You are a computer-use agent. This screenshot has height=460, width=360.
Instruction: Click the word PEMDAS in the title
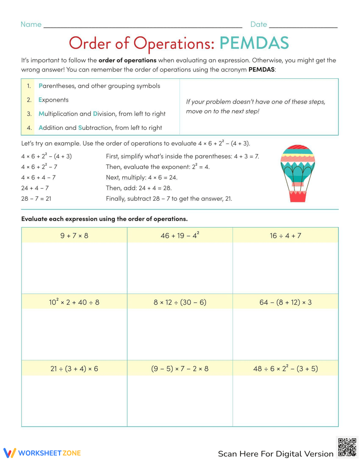click(254, 43)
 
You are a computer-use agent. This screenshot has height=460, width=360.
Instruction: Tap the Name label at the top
click(31, 24)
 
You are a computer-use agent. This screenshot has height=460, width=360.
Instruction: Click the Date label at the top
click(258, 24)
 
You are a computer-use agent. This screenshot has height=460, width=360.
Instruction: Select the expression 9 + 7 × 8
click(74, 236)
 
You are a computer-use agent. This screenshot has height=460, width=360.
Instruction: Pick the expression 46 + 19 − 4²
click(180, 236)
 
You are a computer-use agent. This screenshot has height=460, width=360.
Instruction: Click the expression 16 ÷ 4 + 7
click(285, 236)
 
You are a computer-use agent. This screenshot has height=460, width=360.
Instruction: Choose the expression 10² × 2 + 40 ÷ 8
click(74, 302)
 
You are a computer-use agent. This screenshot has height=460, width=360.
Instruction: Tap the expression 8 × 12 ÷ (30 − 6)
click(180, 302)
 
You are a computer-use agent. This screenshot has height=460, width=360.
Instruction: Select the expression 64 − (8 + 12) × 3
click(285, 302)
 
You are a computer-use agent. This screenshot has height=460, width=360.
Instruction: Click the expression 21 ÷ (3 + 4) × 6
click(74, 369)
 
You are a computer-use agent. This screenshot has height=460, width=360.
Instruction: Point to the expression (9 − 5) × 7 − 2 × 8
click(180, 369)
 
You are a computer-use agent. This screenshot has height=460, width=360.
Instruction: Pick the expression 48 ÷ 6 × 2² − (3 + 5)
click(285, 369)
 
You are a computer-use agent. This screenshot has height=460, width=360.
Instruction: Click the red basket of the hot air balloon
click(298, 196)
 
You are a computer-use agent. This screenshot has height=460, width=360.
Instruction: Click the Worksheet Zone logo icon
click(9, 453)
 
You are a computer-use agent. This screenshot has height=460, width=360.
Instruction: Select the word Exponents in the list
click(53, 100)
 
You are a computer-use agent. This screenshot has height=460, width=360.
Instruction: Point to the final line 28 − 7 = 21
click(36, 199)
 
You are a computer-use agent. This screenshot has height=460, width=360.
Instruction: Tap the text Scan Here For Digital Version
click(275, 454)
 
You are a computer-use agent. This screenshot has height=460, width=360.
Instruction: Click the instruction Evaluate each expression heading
click(104, 219)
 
